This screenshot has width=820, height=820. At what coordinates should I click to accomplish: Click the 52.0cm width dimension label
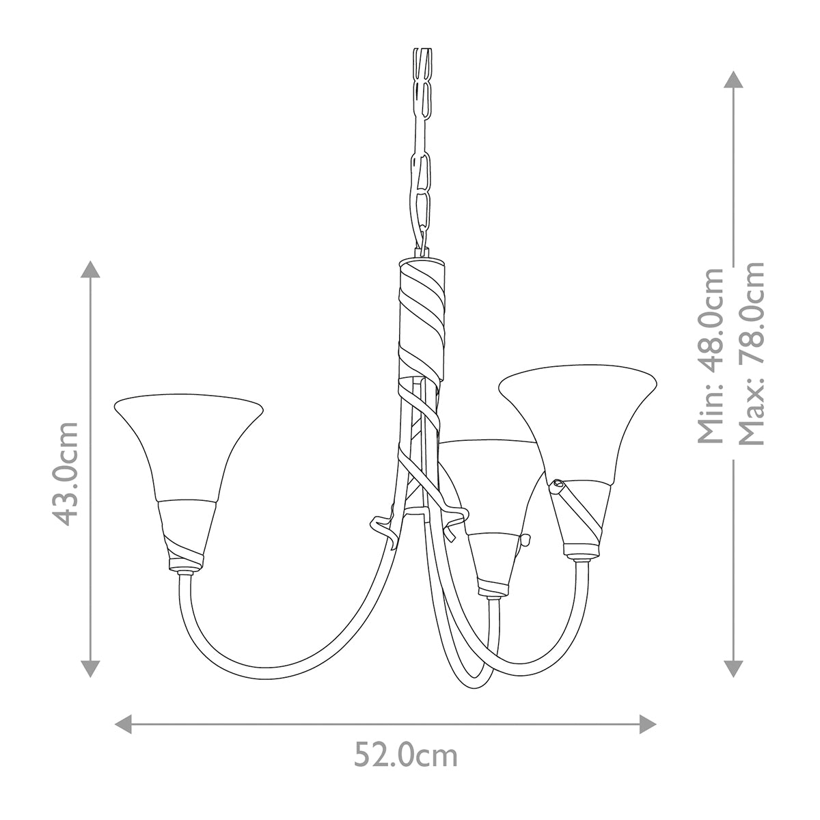[406, 756]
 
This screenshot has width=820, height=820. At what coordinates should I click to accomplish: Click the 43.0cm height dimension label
[66, 473]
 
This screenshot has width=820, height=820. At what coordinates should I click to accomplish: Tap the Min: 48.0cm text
[711, 355]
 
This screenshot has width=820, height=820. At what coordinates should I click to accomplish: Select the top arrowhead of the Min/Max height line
[733, 79]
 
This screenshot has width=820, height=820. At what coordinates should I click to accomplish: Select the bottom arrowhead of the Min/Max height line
[733, 668]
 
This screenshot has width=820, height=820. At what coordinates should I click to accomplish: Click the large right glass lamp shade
[577, 424]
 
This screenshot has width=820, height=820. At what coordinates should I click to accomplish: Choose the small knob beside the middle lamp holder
[527, 540]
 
